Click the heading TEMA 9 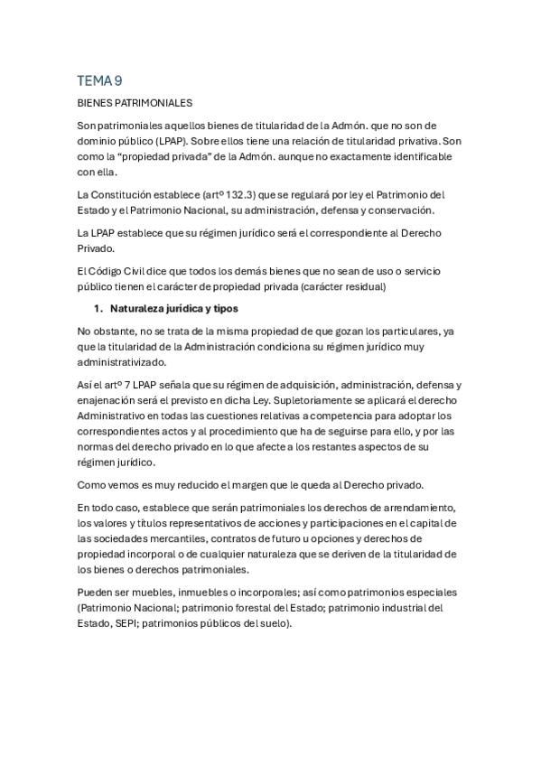click(100, 81)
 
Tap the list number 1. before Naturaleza click(99, 309)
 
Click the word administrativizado click(129, 363)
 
